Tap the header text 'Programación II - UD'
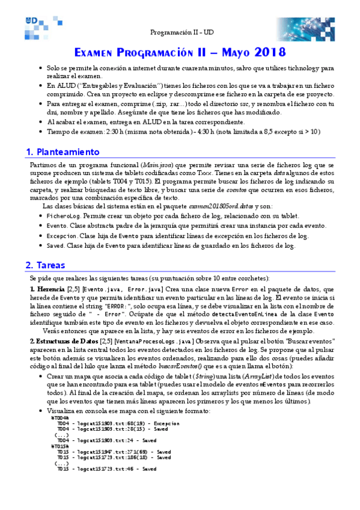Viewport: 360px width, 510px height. click(x=180, y=31)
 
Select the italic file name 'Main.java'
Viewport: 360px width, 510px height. click(x=157, y=165)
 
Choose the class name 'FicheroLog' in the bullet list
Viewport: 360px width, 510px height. click(x=64, y=215)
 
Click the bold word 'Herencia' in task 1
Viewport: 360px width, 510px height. click(x=52, y=289)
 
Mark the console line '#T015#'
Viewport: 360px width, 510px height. click(x=61, y=446)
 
